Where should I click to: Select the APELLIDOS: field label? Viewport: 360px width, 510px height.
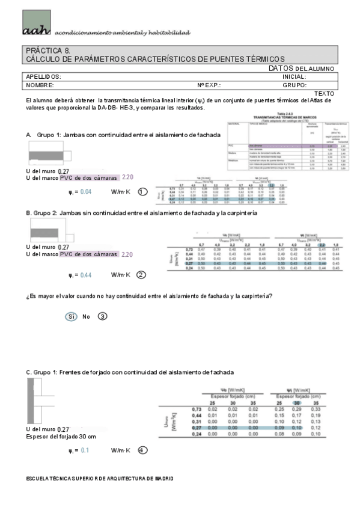tap(43, 77)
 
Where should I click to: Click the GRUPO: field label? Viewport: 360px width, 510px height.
tap(294, 85)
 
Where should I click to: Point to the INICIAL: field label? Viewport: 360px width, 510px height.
tap(294, 77)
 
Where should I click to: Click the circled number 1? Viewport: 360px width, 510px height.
tap(142, 192)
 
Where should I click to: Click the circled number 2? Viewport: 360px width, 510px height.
tap(141, 275)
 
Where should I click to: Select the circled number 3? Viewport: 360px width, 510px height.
tap(102, 316)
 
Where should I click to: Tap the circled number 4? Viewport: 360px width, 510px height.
tap(142, 450)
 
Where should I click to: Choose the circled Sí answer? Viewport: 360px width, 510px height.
tap(70, 316)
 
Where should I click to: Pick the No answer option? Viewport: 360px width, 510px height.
tap(86, 316)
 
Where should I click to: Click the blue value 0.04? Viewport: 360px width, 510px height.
tap(86, 192)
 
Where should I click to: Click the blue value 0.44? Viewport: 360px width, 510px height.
tap(86, 275)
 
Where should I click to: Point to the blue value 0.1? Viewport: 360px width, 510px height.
tap(85, 450)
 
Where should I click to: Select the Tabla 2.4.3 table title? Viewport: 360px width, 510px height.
tap(293, 113)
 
